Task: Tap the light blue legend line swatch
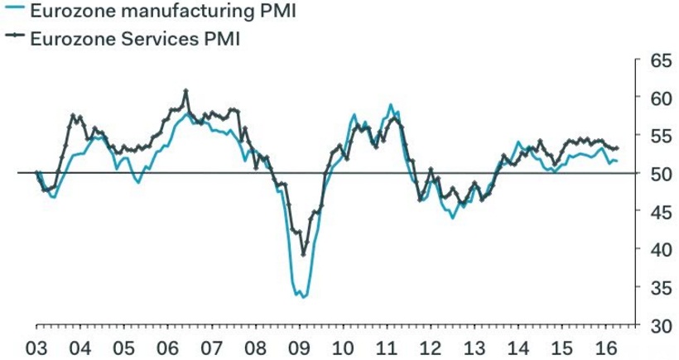pyautogui.click(x=13, y=12)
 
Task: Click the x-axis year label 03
pyautogui.click(x=38, y=346)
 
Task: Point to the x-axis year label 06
pyautogui.click(x=168, y=346)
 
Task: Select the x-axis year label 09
pyautogui.click(x=299, y=346)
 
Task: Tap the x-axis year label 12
pyautogui.click(x=430, y=346)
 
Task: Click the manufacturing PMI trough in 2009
pyautogui.click(x=303, y=296)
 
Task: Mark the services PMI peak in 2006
pyautogui.click(x=186, y=90)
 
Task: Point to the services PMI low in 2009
pyautogui.click(x=304, y=254)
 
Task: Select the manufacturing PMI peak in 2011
pyautogui.click(x=390, y=105)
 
